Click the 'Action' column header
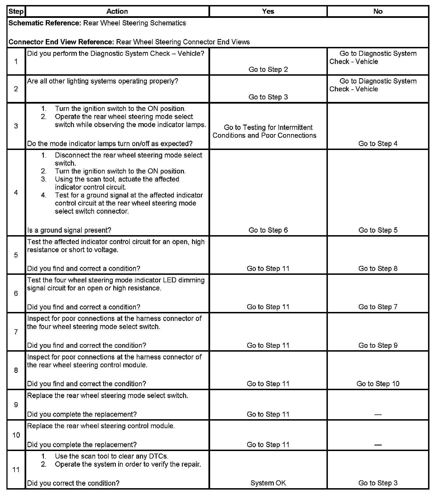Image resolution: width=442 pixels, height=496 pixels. pos(117,11)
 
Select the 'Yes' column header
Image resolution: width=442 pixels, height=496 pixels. pos(268,11)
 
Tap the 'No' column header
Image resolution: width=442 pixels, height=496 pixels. pos(378,11)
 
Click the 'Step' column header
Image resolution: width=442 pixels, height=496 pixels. pos(16,11)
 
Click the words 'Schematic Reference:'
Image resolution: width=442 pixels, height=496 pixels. pos(45,23)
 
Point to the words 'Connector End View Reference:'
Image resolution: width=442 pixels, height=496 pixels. pos(61,42)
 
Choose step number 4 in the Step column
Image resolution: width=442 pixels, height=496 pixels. pos(16,192)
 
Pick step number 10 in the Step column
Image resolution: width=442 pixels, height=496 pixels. pos(16,435)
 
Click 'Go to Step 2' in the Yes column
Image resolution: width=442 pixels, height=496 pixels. pos(268,70)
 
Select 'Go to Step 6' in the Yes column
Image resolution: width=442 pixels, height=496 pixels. pos(268,230)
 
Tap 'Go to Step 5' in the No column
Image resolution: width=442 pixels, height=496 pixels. pos(378,230)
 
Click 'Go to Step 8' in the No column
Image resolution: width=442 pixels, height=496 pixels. pos(378,269)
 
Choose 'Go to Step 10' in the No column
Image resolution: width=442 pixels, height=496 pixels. pos(378,384)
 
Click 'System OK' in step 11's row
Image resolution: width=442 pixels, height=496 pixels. pos(268,483)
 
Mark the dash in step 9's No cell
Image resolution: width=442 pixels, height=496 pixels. pos(378,415)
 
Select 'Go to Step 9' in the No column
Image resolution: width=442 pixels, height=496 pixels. pos(378,345)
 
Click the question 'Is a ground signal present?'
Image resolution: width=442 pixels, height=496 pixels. pos(69,230)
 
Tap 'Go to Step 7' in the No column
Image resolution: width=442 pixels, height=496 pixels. pos(378,307)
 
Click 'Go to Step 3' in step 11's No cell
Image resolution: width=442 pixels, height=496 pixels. pos(378,483)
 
